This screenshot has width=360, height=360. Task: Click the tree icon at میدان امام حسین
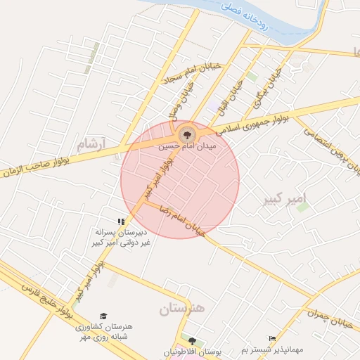point(187,133)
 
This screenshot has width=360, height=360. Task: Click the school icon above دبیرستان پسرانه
point(121,221)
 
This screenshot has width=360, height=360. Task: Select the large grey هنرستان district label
point(181,309)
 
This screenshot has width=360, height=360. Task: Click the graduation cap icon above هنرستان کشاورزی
point(103,316)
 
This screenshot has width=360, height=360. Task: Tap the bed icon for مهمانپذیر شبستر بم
point(272,339)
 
